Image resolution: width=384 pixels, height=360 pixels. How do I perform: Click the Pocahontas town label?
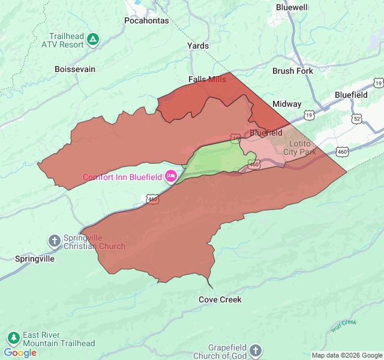pyautogui.click(x=146, y=20)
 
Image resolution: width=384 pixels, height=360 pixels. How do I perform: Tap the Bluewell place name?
pyautogui.click(x=292, y=7)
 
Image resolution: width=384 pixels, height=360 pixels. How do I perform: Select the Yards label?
pyautogui.click(x=198, y=46)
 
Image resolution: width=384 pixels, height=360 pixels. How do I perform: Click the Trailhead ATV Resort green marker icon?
pyautogui.click(x=93, y=40)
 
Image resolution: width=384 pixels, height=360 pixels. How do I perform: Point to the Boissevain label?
pyautogui.click(x=75, y=69)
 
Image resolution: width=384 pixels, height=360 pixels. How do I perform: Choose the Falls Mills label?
pyautogui.click(x=207, y=79)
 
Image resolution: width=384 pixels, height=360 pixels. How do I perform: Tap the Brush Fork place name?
pyautogui.click(x=292, y=71)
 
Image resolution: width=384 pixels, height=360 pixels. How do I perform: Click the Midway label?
pyautogui.click(x=287, y=104)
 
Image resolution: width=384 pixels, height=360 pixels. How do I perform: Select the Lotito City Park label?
pyautogui.click(x=299, y=148)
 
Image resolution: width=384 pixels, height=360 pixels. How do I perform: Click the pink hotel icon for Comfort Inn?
pyautogui.click(x=170, y=176)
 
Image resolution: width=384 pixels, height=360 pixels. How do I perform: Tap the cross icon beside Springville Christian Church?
pyautogui.click(x=54, y=241)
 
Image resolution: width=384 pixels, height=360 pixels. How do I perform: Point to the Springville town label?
pyautogui.click(x=35, y=259)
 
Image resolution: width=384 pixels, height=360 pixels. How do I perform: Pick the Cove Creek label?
pyautogui.click(x=220, y=299)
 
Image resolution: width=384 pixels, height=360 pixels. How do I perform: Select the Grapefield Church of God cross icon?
pyautogui.click(x=256, y=351)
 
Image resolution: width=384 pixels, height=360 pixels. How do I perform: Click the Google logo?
pyautogui.click(x=20, y=353)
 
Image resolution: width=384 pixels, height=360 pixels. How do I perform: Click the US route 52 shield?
pyautogui.click(x=357, y=119)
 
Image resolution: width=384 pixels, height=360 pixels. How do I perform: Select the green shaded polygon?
pyautogui.click(x=216, y=159)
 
